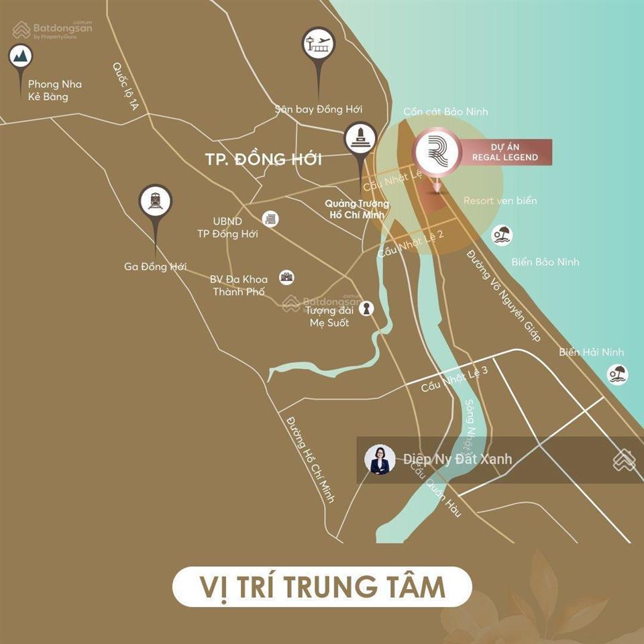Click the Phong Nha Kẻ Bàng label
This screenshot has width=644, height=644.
(x=55, y=91)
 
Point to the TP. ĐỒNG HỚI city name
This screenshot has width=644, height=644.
(x=263, y=160)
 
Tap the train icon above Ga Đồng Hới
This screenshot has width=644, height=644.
(x=156, y=201)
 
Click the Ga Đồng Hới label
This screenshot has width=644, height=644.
(x=155, y=266)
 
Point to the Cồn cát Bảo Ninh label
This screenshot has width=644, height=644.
(x=445, y=111)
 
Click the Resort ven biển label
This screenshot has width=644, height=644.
(x=500, y=201)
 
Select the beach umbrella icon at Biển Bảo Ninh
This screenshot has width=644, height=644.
(x=501, y=235)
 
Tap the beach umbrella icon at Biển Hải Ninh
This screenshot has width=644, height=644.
(x=617, y=374)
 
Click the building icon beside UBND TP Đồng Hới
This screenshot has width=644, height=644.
(x=271, y=219)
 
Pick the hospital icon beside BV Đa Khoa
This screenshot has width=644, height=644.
(x=287, y=277)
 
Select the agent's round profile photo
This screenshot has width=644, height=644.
(x=380, y=460)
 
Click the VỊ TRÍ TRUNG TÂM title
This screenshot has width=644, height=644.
(x=322, y=586)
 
